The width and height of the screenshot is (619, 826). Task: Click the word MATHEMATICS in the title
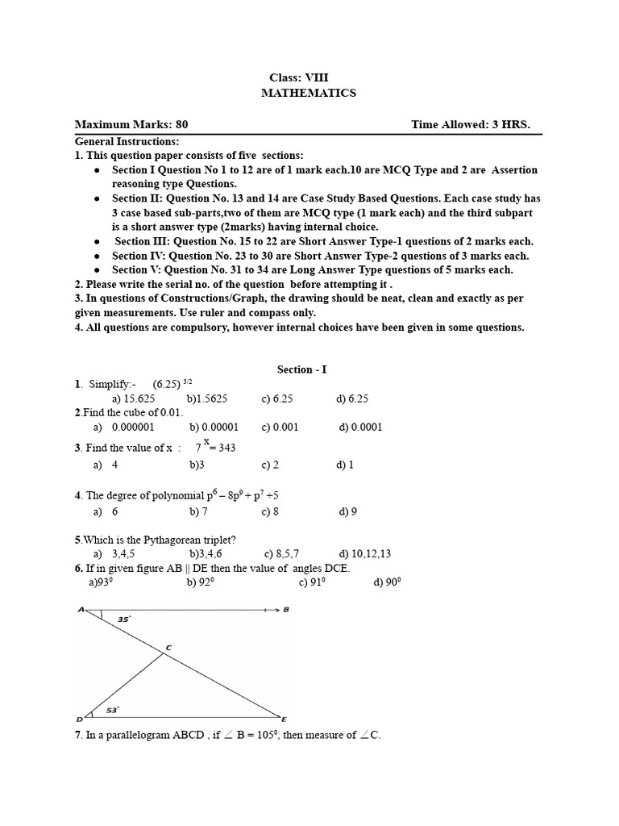[x=309, y=93]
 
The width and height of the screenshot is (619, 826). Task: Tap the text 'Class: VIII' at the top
[x=299, y=77]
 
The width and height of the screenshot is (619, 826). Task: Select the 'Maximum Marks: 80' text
[x=131, y=124]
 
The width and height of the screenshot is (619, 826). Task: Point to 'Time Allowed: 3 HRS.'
[x=471, y=124]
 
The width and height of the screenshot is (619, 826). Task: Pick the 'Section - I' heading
[x=302, y=369]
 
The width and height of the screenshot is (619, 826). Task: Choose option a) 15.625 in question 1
[x=134, y=398]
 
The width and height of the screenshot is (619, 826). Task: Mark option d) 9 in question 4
[x=348, y=511]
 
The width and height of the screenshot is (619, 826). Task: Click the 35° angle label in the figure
[x=123, y=620]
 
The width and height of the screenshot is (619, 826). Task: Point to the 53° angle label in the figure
[x=113, y=710]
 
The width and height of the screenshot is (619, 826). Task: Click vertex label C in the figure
[x=168, y=647]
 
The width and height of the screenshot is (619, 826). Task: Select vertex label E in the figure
[x=283, y=718]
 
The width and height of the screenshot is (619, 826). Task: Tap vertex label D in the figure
[x=79, y=719]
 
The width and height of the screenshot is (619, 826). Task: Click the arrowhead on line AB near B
[x=275, y=610]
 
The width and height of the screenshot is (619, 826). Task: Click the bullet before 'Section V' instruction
[x=98, y=270]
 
